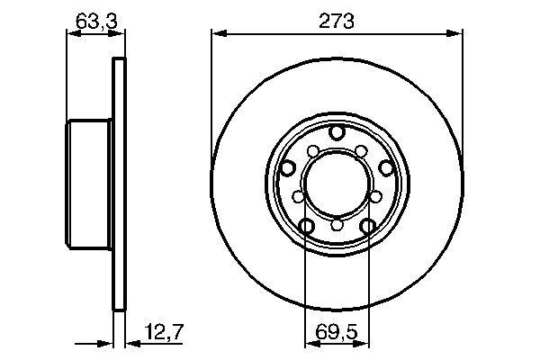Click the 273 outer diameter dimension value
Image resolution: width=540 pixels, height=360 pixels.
tap(337, 19)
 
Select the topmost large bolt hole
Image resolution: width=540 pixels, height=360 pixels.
tap(337, 133)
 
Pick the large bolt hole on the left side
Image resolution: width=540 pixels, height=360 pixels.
tap(288, 167)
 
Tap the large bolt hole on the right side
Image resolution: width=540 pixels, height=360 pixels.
tap(385, 167)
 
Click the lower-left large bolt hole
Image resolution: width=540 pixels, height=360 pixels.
tap(307, 226)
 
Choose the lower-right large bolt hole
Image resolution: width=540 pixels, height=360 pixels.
tap(367, 226)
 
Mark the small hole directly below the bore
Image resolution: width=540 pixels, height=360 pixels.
tap(337, 225)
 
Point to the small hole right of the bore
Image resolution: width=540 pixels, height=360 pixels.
tap(374, 195)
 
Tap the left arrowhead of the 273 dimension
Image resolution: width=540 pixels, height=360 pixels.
tap(217, 34)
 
